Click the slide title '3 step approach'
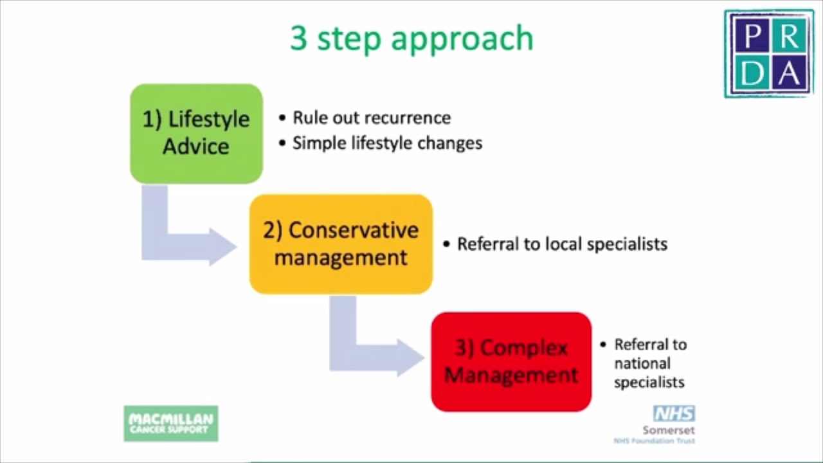(x=411, y=39)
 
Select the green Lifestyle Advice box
(x=196, y=133)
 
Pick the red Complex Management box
(x=511, y=361)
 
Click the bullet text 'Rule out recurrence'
(x=372, y=118)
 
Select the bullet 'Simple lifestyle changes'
(x=387, y=143)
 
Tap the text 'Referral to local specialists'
(x=562, y=244)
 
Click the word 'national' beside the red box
(x=642, y=363)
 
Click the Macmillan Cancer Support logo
(x=171, y=423)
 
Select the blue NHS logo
(x=674, y=413)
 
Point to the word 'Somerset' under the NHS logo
(x=668, y=430)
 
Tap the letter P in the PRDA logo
(x=749, y=38)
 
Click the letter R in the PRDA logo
(x=789, y=38)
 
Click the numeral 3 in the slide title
(x=299, y=39)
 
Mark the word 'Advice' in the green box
(x=196, y=147)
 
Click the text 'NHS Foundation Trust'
(x=654, y=441)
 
